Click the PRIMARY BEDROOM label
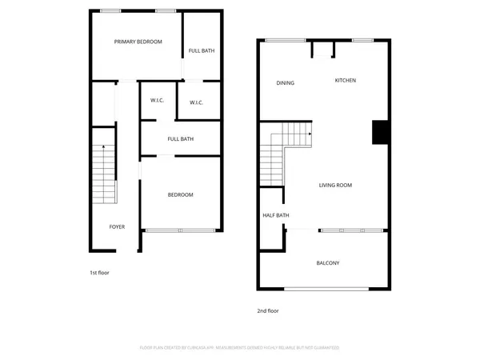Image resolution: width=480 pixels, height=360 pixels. (138, 42)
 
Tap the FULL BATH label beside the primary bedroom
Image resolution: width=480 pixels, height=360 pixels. (201, 51)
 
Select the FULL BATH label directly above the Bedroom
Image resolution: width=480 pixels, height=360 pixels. (180, 139)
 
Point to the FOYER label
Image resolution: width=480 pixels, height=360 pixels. (117, 227)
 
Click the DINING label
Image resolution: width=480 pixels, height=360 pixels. (285, 82)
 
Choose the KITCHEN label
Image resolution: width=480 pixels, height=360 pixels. (345, 80)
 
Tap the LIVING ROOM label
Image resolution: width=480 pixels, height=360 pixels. (335, 185)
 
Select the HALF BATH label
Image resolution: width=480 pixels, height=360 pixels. (276, 215)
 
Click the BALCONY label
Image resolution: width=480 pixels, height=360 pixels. (328, 263)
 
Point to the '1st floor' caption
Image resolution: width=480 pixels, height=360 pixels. (98, 273)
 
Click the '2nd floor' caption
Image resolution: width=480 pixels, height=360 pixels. (268, 310)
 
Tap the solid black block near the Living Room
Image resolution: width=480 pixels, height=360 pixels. (380, 132)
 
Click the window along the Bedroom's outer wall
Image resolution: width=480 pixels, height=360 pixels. (179, 230)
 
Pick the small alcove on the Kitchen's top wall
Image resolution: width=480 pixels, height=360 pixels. (322, 50)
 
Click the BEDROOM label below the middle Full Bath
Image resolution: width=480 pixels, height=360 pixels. (180, 195)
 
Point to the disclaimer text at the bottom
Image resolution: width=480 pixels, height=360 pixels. (240, 347)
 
